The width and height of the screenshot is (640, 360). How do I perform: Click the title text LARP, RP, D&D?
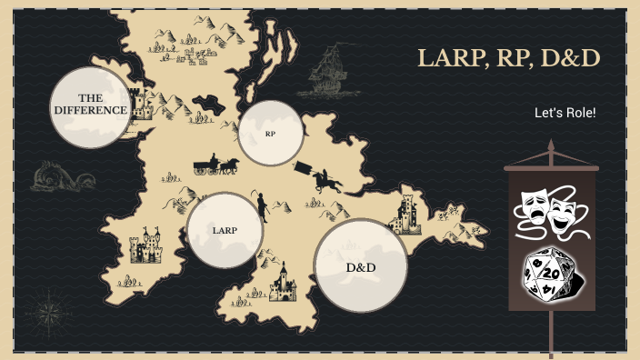pos(509,59)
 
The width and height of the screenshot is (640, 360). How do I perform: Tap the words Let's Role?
pos(565,113)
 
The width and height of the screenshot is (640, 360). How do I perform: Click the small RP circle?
pos(270,134)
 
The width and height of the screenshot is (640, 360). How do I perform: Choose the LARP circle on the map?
pos(225,230)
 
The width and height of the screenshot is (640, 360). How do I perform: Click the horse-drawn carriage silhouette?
pos(215,165)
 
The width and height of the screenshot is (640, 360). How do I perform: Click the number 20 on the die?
pos(548,272)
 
